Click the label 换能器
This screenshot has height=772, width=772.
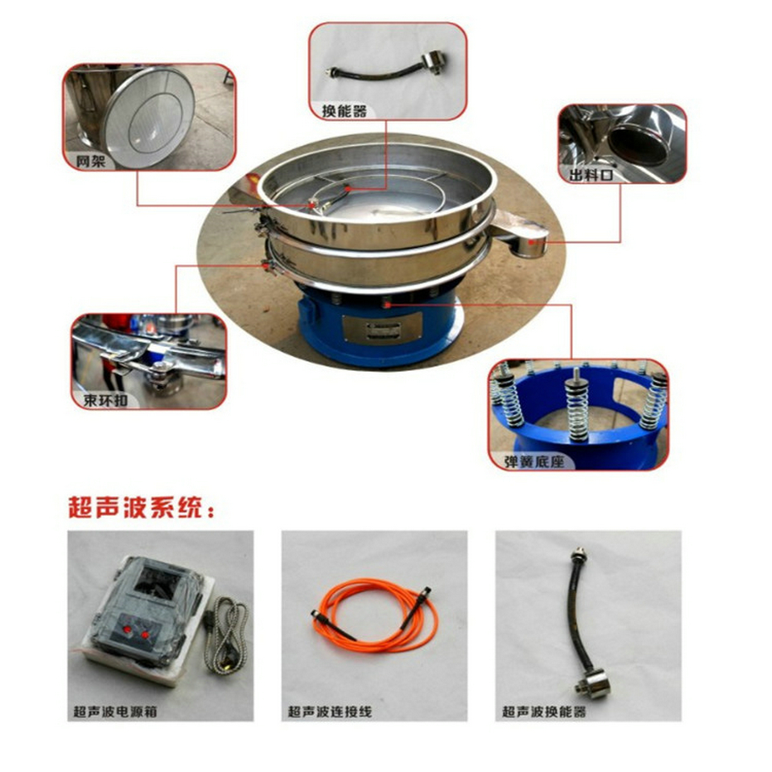point(344,111)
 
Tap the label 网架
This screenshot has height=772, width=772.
point(91,161)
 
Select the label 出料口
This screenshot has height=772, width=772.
point(590,174)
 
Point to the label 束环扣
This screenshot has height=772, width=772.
point(105,400)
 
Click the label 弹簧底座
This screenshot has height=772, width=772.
point(534,462)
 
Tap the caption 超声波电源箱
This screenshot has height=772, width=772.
point(115,712)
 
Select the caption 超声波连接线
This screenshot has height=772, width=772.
point(329,712)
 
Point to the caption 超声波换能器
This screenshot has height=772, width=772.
point(544,712)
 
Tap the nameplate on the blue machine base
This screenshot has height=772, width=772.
point(382,327)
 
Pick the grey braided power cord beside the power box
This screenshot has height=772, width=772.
point(227,635)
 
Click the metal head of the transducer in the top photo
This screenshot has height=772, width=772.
point(434,63)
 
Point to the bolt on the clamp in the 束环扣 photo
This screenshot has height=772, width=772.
point(161,370)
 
